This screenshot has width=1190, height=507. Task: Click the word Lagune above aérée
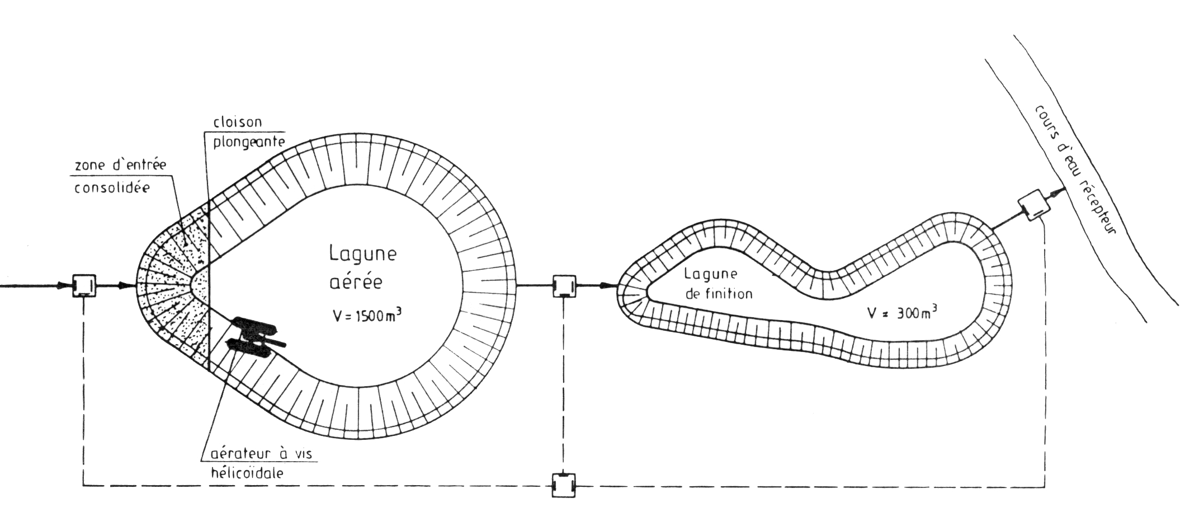click(362, 254)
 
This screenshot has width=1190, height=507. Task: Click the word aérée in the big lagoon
click(356, 281)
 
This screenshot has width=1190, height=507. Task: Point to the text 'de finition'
click(719, 293)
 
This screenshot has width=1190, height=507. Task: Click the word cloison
click(238, 121)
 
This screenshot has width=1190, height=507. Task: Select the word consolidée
click(112, 187)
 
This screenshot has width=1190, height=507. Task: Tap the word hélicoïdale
click(247, 472)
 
